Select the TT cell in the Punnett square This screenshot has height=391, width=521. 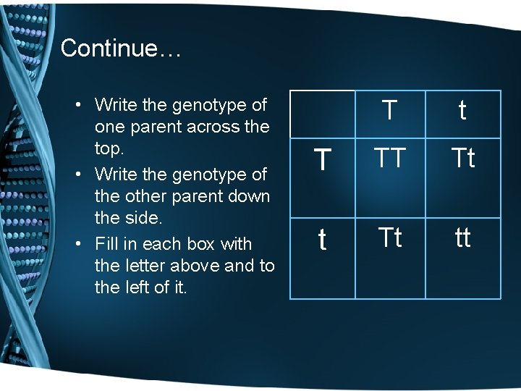point(389,157)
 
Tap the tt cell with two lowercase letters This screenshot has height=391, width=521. point(462,237)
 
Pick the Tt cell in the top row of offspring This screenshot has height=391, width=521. point(462,157)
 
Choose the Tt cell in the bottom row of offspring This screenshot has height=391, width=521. point(389,237)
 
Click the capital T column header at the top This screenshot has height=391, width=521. point(389,111)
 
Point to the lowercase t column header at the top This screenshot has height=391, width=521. point(462,111)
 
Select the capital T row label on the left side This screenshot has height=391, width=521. point(323,159)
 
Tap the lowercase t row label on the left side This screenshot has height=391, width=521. point(323,240)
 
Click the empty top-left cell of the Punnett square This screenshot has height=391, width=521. point(323,114)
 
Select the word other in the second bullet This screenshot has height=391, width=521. point(148,197)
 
